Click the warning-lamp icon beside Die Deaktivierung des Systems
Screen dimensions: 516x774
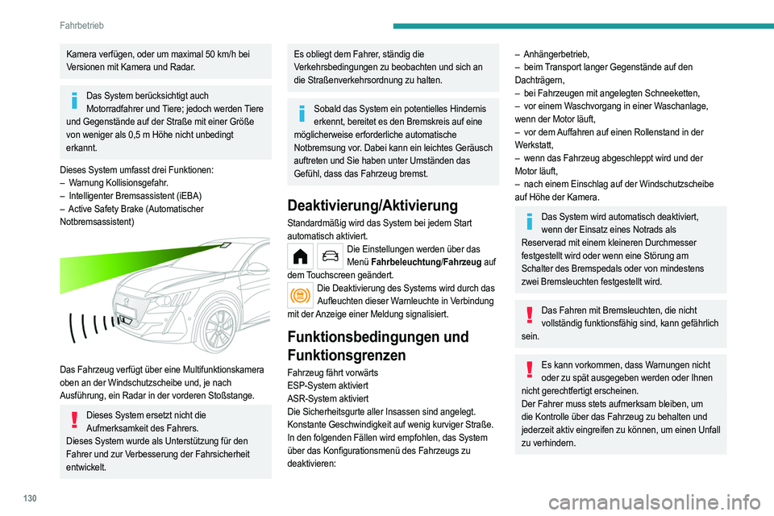pos(303,294)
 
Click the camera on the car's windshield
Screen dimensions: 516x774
pos(228,244)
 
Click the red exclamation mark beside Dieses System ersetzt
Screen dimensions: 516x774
pos(75,420)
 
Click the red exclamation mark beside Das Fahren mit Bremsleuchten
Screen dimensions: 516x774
pos(530,315)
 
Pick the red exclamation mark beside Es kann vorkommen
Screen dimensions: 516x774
pos(530,370)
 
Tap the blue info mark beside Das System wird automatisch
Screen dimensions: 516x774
pos(530,222)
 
